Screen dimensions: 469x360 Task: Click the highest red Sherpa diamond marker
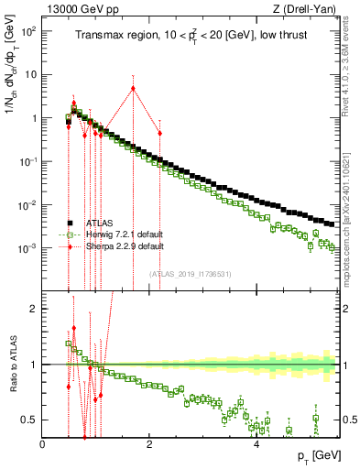(134, 89)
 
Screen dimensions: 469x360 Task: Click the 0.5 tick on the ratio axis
(31, 420)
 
